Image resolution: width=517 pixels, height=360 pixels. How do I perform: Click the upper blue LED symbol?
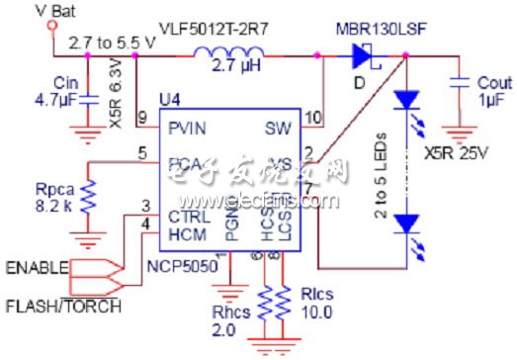tap(405, 99)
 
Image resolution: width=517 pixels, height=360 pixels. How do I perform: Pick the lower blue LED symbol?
tap(405, 225)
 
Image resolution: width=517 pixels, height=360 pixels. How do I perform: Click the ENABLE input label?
tap(38, 266)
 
